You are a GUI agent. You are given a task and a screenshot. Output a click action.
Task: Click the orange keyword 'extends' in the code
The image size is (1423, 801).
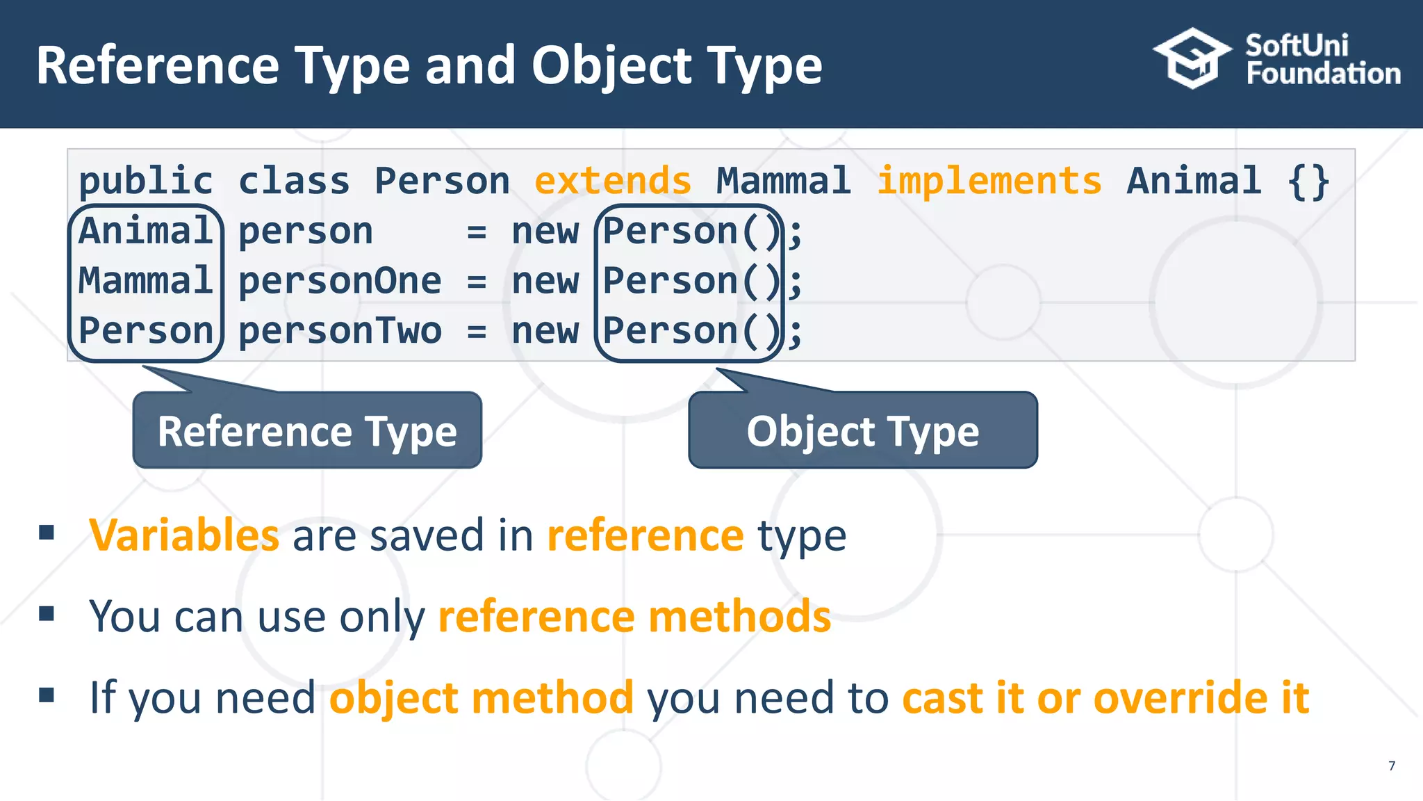[613, 181]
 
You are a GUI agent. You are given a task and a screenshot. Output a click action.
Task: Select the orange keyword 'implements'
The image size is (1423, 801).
[989, 181]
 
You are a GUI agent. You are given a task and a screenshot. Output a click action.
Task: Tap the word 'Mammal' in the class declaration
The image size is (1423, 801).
[784, 181]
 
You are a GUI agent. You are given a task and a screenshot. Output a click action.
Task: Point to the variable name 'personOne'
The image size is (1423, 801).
[340, 282]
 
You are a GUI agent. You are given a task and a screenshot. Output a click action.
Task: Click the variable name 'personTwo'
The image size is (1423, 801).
[340, 331]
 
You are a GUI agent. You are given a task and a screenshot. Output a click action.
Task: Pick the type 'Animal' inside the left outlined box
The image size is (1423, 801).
[145, 232]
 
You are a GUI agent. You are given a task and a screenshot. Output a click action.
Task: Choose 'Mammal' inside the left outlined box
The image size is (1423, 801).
[145, 282]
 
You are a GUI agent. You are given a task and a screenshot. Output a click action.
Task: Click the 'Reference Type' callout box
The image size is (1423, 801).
[307, 431]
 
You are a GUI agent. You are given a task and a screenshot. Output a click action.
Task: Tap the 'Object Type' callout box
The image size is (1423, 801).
[863, 431]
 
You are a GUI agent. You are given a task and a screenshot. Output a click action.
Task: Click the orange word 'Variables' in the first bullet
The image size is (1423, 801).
[184, 535]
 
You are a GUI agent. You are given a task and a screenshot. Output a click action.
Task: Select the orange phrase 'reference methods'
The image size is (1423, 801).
[634, 617]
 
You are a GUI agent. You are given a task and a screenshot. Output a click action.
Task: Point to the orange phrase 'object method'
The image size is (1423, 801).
[482, 697]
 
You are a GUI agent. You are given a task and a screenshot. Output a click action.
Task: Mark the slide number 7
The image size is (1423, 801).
[1392, 766]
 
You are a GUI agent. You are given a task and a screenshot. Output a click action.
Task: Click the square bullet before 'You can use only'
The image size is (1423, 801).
[47, 613]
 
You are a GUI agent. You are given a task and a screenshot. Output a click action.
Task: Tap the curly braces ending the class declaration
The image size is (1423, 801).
[1308, 182]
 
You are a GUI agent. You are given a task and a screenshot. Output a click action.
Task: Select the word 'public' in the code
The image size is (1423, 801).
[146, 182]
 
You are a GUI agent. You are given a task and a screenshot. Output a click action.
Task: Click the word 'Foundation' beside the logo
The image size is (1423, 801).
[1323, 74]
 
